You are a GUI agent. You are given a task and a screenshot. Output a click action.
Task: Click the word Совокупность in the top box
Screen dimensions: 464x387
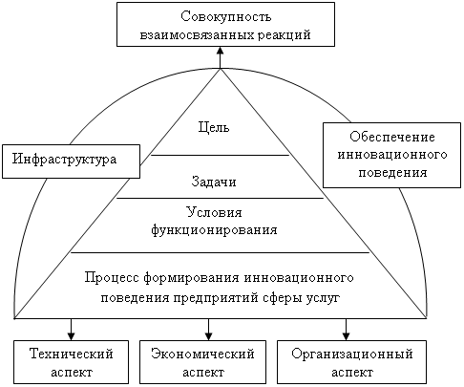(226, 16)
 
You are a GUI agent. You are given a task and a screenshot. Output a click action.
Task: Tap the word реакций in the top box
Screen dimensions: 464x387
(284, 34)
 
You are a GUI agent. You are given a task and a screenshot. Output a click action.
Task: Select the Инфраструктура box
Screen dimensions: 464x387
(71, 161)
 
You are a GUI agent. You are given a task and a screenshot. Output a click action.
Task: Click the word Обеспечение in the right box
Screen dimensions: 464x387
(392, 137)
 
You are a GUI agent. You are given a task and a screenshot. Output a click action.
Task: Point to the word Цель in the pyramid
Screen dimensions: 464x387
(214, 127)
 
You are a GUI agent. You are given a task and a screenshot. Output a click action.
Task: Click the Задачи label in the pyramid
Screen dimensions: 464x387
(214, 182)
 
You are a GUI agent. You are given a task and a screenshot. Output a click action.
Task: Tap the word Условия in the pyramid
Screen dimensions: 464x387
(214, 212)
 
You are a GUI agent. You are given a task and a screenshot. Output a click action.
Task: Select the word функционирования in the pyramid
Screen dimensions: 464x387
(214, 230)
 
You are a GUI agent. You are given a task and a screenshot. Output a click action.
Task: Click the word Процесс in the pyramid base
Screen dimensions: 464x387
(112, 277)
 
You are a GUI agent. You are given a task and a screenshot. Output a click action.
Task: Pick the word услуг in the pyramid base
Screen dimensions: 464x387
(324, 298)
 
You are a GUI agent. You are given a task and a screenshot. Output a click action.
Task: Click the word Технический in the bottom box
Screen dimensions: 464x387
(72, 354)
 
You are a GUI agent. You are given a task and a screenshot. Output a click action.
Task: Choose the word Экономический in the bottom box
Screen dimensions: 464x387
(202, 354)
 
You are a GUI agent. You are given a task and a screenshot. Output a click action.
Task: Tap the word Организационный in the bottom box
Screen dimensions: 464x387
(352, 355)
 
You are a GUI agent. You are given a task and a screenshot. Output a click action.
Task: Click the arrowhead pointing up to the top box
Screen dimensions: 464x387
(220, 51)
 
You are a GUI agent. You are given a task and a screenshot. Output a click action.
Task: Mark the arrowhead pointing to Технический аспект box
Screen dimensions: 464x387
(72, 336)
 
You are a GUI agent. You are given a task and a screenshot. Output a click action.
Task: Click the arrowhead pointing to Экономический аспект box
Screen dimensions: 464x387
(208, 336)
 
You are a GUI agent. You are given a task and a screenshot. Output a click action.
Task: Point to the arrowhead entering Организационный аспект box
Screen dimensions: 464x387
(346, 336)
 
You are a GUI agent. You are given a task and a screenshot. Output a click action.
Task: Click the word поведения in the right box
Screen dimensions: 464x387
(392, 173)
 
